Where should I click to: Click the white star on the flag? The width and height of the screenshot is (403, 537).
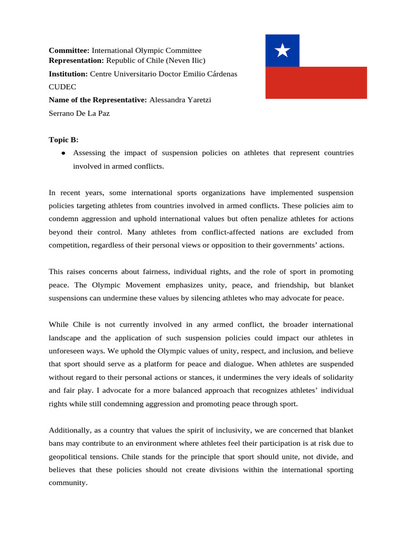pyautogui.click(x=282, y=50)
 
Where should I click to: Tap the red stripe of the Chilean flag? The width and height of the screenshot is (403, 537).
pyautogui.click(x=316, y=83)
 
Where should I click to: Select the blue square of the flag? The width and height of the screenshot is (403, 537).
pyautogui.click(x=282, y=51)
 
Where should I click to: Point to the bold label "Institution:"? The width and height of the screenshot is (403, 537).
pyautogui.click(x=68, y=74)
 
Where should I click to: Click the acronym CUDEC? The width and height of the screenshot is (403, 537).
pyautogui.click(x=62, y=87)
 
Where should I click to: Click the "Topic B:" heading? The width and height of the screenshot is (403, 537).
pyautogui.click(x=63, y=139)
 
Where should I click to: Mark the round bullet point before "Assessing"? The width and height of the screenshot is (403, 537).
pyautogui.click(x=63, y=153)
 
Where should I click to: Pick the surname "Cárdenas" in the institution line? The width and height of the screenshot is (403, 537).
pyautogui.click(x=223, y=74)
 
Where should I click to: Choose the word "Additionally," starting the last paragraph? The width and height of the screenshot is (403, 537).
pyautogui.click(x=70, y=430)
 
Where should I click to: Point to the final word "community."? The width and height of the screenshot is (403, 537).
pyautogui.click(x=68, y=482)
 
